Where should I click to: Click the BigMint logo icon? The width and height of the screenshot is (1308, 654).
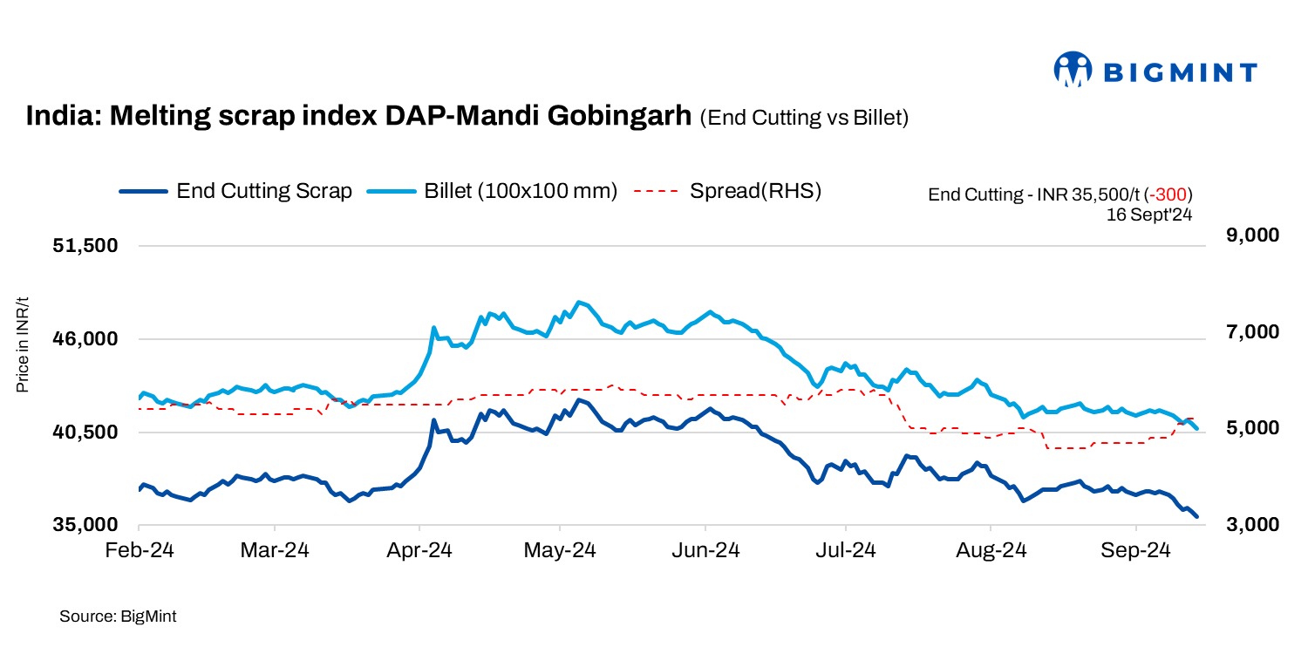pyautogui.click(x=1073, y=70)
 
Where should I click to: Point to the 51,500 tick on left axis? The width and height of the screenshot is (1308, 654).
pyautogui.click(x=85, y=247)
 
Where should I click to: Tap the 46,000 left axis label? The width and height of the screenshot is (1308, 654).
pyautogui.click(x=85, y=339)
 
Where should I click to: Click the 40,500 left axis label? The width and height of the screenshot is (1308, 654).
pyautogui.click(x=85, y=433)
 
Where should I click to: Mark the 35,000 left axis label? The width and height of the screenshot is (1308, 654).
pyautogui.click(x=85, y=525)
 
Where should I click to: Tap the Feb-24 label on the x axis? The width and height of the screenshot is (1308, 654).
pyautogui.click(x=140, y=551)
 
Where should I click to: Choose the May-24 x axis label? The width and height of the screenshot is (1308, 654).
pyautogui.click(x=561, y=551)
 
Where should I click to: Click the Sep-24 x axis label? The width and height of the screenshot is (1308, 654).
pyautogui.click(x=1135, y=551)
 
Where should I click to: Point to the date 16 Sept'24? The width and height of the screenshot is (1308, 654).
pyautogui.click(x=1148, y=213)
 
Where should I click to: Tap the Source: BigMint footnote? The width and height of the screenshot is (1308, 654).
pyautogui.click(x=118, y=617)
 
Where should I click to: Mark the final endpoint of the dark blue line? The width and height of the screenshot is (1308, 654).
pyautogui.click(x=1197, y=517)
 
